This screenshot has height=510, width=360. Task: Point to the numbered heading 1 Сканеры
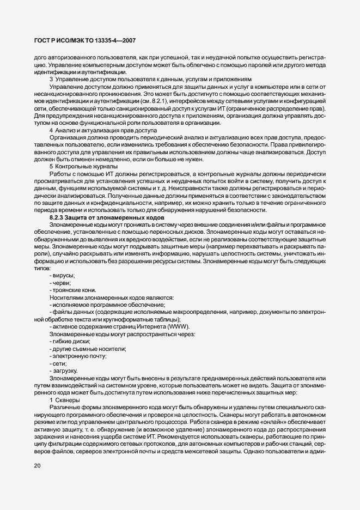click(65, 400)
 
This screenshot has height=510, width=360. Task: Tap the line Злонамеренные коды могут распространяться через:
click(122, 333)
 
